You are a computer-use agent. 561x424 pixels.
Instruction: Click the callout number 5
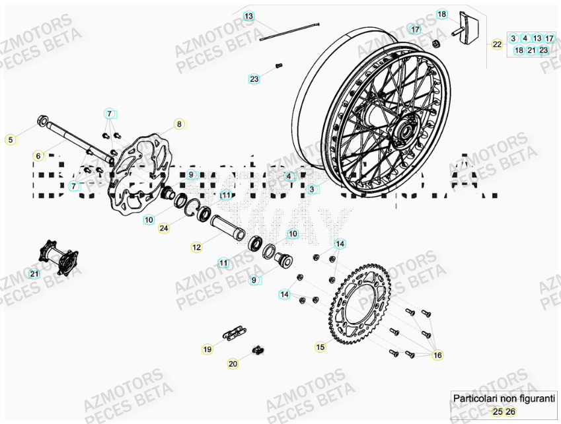(x=9, y=139)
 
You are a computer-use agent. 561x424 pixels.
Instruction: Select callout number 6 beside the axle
(x=38, y=156)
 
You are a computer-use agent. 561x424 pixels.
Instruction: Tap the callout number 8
(x=178, y=124)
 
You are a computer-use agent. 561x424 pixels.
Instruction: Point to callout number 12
(x=197, y=248)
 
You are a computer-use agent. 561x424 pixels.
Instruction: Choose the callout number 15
(x=320, y=346)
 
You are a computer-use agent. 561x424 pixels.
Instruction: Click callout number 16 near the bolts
(x=437, y=355)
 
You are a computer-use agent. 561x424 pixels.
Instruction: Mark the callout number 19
(x=207, y=349)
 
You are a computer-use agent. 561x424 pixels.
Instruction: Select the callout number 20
(x=233, y=363)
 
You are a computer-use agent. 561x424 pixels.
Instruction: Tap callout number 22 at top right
(x=497, y=44)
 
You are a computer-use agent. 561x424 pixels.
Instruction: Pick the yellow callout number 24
(x=164, y=229)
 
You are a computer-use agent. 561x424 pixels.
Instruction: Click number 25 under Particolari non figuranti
(x=498, y=411)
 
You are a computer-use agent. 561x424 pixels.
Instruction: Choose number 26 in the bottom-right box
(x=510, y=411)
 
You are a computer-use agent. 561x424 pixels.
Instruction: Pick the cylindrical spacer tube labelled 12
(x=228, y=228)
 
